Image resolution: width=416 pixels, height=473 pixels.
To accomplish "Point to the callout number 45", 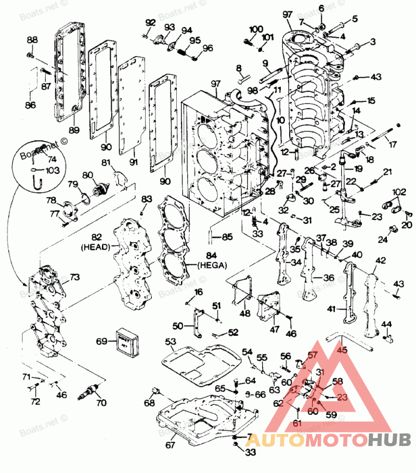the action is [x=342, y=350].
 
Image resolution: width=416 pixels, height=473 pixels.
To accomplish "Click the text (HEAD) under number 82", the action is [x=96, y=248].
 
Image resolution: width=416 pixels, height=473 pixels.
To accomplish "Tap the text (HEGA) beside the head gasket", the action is [x=213, y=265].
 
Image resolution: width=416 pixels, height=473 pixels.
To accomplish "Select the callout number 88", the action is [x=32, y=41].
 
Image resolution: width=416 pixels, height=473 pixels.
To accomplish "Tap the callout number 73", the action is [x=75, y=278].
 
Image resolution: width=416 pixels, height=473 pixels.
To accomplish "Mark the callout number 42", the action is [x=381, y=260].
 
